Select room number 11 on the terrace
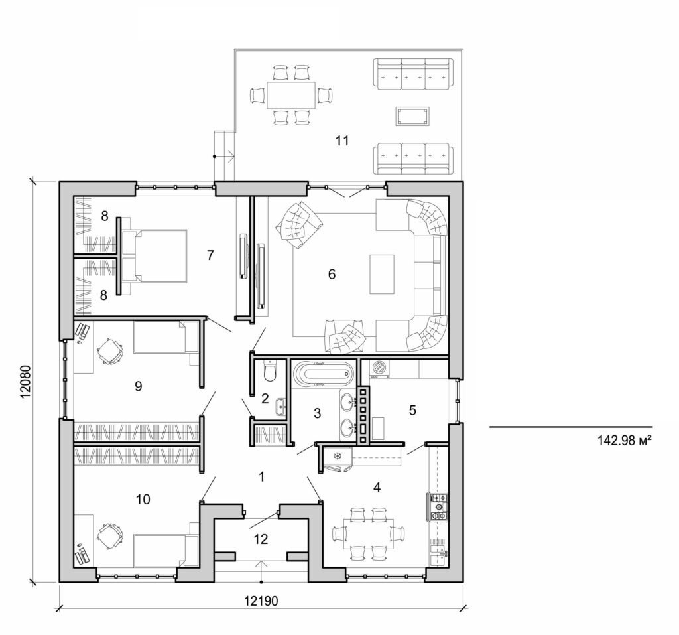tap(341, 140)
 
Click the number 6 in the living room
tap(332, 273)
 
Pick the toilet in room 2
tap(270, 372)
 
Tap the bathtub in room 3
tap(321, 374)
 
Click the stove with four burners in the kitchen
tap(438, 505)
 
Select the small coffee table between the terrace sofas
tap(412, 117)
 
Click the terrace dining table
tap(291, 95)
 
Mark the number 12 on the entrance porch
tap(261, 539)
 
